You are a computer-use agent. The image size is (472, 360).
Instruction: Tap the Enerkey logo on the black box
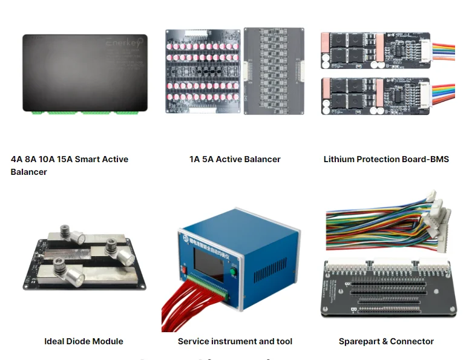point(123,44)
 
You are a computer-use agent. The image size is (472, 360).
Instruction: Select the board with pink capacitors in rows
point(202,71)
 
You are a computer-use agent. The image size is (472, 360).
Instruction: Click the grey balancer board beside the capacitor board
point(274,71)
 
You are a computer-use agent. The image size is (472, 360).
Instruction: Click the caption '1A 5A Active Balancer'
point(235,159)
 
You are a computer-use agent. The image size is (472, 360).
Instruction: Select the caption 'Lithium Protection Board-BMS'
point(386,159)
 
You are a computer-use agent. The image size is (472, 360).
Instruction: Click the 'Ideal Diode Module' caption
point(84,341)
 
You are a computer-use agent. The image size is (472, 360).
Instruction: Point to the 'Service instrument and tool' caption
point(235,341)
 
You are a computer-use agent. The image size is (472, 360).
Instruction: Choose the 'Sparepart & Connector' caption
point(386,341)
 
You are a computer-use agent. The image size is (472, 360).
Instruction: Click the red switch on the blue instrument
point(183,268)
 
